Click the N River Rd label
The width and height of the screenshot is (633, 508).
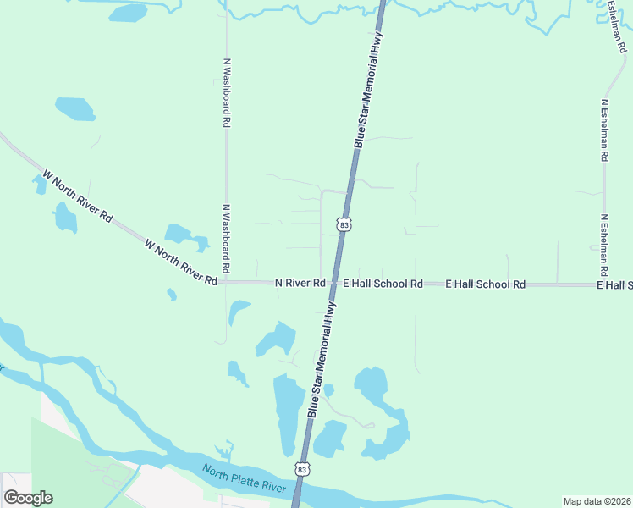pos(300,283)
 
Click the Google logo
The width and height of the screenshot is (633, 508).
pos(28,498)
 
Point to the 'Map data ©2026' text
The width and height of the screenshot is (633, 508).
pos(597,501)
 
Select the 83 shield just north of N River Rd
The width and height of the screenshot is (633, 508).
pos(343,224)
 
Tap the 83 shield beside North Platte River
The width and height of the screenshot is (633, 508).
pos(303,468)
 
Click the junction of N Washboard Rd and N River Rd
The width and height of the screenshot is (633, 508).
pos(227,282)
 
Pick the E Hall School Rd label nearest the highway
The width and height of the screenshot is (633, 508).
pos(382,284)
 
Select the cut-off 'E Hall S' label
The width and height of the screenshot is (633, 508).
pos(614,285)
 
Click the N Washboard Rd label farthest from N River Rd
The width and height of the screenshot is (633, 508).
pos(227,92)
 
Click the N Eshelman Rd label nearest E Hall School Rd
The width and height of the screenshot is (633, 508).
pos(605,246)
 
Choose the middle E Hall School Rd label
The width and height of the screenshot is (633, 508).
pos(486,284)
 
